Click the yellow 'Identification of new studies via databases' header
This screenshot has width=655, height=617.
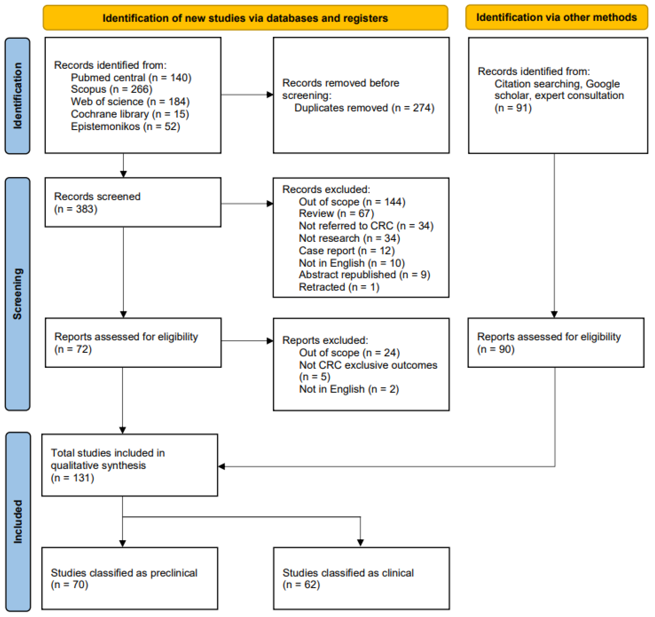pos(246,18)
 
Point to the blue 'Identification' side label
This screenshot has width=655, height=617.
pos(17,96)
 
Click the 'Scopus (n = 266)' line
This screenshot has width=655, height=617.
pos(112,89)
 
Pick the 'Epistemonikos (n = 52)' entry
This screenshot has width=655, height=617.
pos(125,127)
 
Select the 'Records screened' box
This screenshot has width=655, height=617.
pos(133,202)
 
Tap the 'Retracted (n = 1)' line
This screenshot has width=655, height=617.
pos(339,287)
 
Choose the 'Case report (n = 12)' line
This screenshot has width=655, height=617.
pos(347,251)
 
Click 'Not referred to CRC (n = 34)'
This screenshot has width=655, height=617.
pos(366,226)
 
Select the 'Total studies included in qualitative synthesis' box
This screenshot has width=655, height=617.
pos(130,465)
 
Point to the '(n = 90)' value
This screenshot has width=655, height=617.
pos(496,349)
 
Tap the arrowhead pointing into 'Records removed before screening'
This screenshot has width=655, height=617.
pos(270,95)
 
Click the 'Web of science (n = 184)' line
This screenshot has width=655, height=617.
pos(130,102)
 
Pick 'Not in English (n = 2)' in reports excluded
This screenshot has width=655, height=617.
pos(349,389)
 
